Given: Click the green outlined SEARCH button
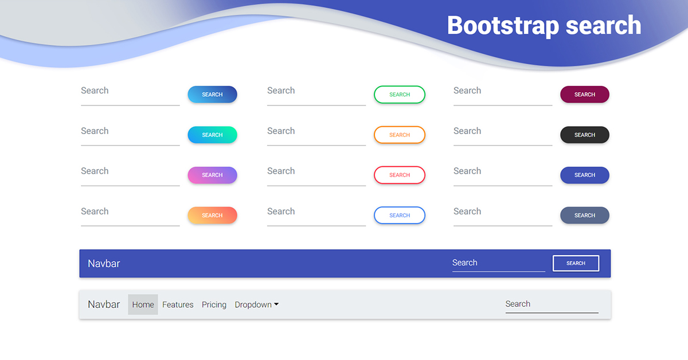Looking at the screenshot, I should pos(400,95).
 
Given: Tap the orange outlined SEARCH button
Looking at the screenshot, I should pos(400,135).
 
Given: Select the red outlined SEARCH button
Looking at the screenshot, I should pos(400,175).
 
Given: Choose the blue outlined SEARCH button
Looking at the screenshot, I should pos(400,216).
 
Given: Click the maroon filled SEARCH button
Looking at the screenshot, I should pos(584,95).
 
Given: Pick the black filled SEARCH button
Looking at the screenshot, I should pos(584,135).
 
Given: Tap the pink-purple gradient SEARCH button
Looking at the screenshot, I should pos(212,175).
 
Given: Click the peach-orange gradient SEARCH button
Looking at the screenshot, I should pos(212,216).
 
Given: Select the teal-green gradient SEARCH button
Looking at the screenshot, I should pos(212,135).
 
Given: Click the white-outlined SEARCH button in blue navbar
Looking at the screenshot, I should pos(576,263).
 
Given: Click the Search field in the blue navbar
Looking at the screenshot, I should pos(498,263).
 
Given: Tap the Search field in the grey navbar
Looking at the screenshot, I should pos(551,304).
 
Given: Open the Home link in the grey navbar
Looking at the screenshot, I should pos(143,305).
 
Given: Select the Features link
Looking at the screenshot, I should pos(178,305).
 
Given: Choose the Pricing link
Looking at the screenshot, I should pos(214,305).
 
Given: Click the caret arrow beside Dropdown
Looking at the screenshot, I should pos(276,305).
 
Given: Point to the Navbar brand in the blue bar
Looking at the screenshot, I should pos(104,264).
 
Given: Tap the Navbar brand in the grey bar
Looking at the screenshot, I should pos(104,304).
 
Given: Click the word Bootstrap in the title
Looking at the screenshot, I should pos(495,26).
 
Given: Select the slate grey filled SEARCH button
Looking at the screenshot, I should pos(584,216).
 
